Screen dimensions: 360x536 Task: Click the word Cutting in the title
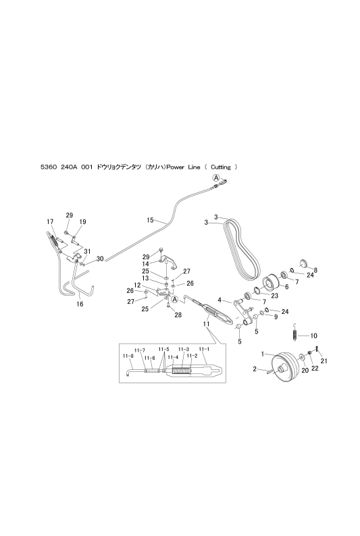pyautogui.click(x=220, y=167)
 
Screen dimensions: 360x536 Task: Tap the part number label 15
pyautogui.click(x=150, y=220)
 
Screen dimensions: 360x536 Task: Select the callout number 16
pyautogui.click(x=80, y=304)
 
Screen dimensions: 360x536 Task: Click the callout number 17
pyautogui.click(x=50, y=222)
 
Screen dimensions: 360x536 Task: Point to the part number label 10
pyautogui.click(x=313, y=336)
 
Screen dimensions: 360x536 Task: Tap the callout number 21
pyautogui.click(x=324, y=361)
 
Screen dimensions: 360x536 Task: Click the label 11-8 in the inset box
pyautogui.click(x=128, y=356)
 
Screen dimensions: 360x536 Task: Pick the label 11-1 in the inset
pyautogui.click(x=204, y=350)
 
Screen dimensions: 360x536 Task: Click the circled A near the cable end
pyautogui.click(x=215, y=178)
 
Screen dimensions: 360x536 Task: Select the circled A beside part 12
pyautogui.click(x=175, y=300)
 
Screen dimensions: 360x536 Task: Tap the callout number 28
pyautogui.click(x=178, y=315)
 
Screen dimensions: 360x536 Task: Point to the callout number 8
pyautogui.click(x=315, y=271)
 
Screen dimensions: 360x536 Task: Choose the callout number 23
pyautogui.click(x=274, y=296)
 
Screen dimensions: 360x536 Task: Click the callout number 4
pyautogui.click(x=220, y=300)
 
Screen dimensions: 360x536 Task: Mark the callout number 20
pyautogui.click(x=305, y=371)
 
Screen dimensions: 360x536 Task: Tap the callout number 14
pyautogui.click(x=145, y=264)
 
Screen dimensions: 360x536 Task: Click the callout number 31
pyautogui.click(x=87, y=251)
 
